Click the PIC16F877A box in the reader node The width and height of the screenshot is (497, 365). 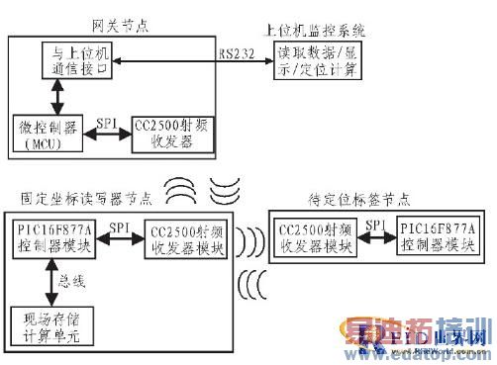(53, 236)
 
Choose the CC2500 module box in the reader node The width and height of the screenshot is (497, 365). (185, 238)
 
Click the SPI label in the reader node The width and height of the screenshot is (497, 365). (119, 228)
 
